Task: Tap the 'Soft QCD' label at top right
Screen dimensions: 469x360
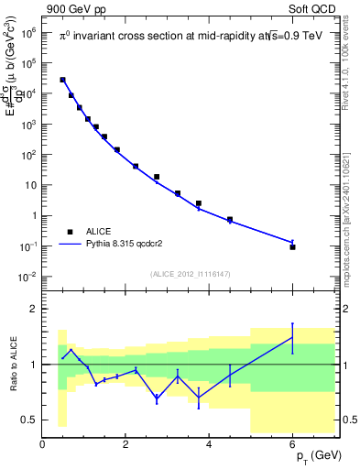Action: pyautogui.click(x=311, y=8)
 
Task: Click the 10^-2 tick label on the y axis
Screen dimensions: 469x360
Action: pyautogui.click(x=28, y=277)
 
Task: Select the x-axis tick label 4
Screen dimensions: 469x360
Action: pyautogui.click(x=210, y=445)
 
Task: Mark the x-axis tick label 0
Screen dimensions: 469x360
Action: pyautogui.click(x=42, y=445)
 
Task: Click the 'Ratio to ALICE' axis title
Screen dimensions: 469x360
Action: pyautogui.click(x=13, y=365)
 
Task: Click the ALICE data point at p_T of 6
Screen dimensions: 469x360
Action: pyautogui.click(x=293, y=246)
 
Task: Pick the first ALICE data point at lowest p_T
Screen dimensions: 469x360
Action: pyautogui.click(x=62, y=80)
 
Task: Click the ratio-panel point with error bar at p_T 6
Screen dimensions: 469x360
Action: pyautogui.click(x=293, y=337)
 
